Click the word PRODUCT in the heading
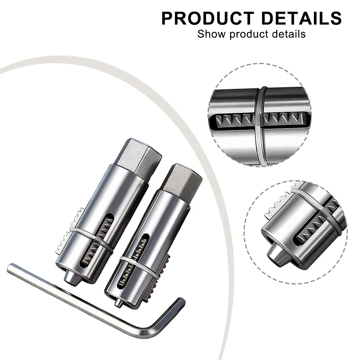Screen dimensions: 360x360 (208, 18)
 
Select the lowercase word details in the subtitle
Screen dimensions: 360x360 (289, 34)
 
